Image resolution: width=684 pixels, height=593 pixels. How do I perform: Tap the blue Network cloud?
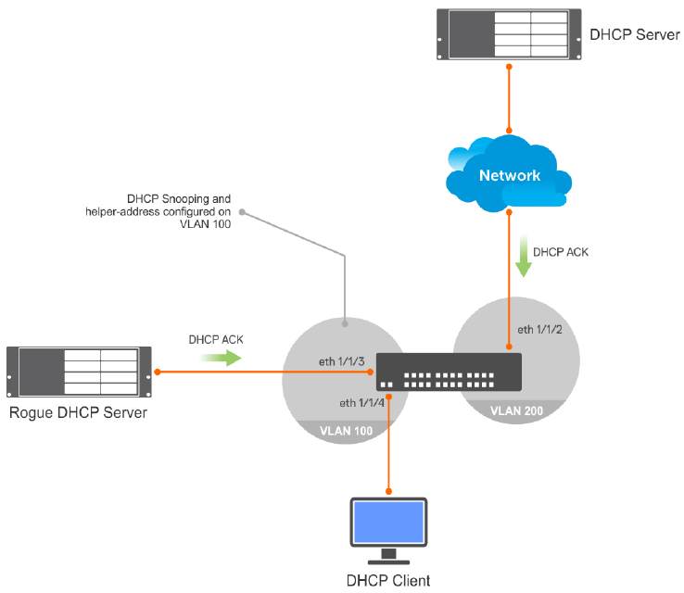tap(509, 175)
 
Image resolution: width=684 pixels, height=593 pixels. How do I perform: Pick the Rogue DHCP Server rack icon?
tap(78, 372)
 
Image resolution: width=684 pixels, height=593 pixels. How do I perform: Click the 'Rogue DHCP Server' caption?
tap(78, 412)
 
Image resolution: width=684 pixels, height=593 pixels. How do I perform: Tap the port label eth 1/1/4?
tap(361, 403)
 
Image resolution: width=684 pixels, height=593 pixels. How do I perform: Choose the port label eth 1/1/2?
tap(539, 329)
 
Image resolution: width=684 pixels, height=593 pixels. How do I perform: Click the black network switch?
tap(450, 372)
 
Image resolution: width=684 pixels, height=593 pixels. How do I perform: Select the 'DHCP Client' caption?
tap(388, 580)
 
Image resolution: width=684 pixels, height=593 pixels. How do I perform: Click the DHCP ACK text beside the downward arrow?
tap(562, 251)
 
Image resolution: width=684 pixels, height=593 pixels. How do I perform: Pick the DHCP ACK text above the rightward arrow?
tap(215, 339)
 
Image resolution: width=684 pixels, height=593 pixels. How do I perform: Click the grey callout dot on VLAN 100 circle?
tap(345, 324)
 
